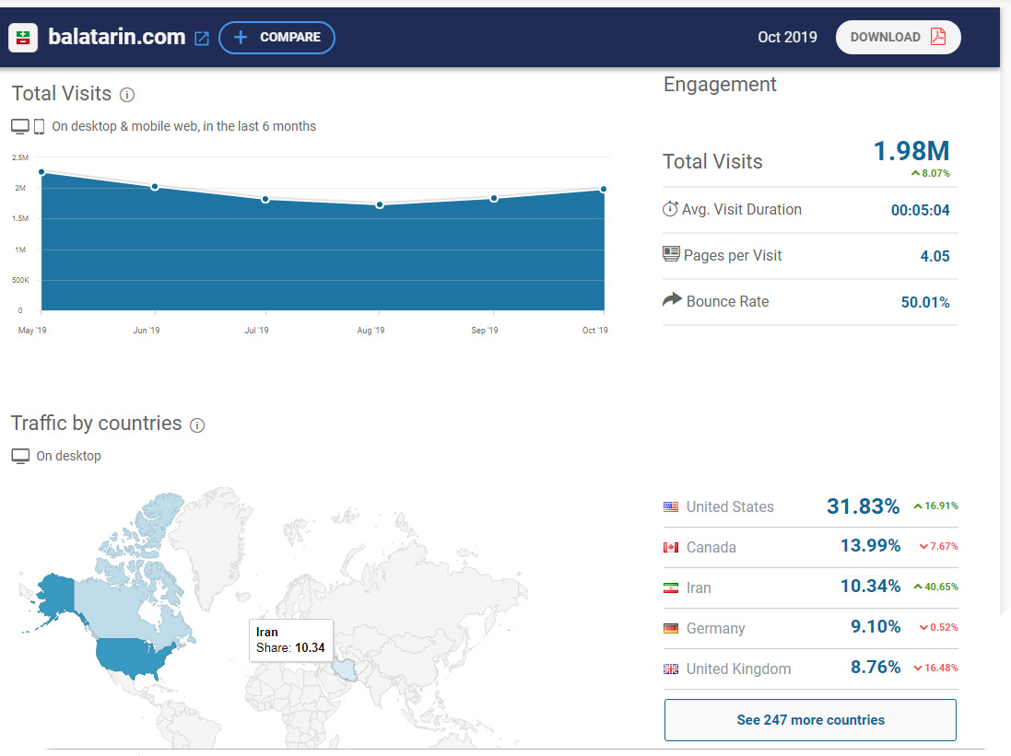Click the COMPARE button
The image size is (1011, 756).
click(276, 38)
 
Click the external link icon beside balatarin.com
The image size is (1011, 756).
click(202, 38)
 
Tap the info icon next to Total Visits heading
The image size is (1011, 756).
click(127, 95)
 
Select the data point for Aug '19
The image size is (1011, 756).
click(380, 205)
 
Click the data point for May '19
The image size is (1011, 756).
click(41, 172)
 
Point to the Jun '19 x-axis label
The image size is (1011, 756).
click(147, 331)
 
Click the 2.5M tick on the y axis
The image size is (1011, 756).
click(20, 157)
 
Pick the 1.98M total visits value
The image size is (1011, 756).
click(911, 151)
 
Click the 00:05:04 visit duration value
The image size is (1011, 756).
click(920, 210)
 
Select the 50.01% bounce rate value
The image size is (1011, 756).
click(925, 302)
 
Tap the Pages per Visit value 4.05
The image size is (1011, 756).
click(935, 256)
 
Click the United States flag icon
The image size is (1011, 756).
click(671, 506)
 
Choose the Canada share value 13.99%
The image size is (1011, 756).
click(870, 546)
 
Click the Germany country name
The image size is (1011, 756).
click(716, 628)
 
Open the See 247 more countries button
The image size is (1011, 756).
click(810, 720)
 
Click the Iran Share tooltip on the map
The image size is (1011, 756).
click(291, 640)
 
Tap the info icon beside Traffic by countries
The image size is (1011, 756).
click(197, 425)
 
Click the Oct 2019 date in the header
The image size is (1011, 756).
click(787, 38)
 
